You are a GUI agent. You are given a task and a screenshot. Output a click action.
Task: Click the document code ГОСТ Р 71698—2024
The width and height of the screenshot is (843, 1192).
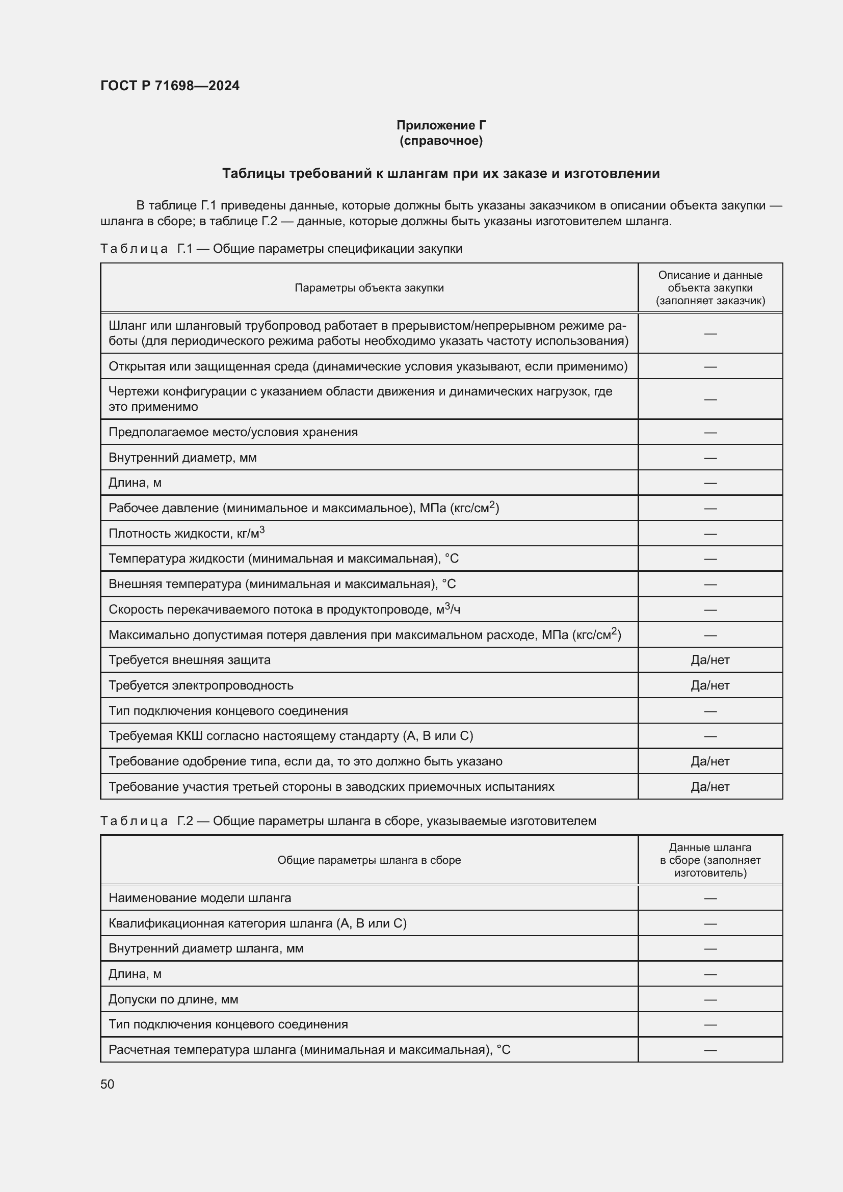click(x=170, y=86)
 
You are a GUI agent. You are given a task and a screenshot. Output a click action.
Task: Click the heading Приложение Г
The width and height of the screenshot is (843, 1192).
click(x=441, y=125)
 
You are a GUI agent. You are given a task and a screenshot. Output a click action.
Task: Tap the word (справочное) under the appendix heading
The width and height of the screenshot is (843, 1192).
click(x=441, y=141)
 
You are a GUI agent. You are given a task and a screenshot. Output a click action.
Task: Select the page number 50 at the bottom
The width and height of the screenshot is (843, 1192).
click(x=107, y=1084)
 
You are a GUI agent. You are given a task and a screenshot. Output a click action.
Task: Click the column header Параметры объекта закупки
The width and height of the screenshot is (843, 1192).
click(x=369, y=287)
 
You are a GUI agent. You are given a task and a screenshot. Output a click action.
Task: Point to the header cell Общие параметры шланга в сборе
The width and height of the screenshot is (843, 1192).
click(x=369, y=860)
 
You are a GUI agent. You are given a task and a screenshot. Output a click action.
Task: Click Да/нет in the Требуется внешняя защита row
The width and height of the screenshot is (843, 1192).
click(x=709, y=660)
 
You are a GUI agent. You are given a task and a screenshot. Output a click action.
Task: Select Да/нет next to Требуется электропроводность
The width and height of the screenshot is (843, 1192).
click(x=709, y=685)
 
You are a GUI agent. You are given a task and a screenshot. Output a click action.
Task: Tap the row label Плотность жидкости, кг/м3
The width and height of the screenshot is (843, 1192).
click(x=187, y=533)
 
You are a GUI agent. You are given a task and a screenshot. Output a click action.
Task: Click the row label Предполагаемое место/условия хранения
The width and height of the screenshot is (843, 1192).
click(x=233, y=432)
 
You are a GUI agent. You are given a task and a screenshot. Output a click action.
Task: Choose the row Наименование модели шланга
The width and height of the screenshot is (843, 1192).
click(x=200, y=897)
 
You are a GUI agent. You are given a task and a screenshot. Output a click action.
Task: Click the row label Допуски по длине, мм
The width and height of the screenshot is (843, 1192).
click(x=173, y=999)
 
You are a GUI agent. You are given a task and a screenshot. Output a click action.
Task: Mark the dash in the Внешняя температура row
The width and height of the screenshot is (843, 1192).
click(x=709, y=584)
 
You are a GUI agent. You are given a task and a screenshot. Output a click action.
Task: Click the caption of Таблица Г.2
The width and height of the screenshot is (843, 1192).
click(x=348, y=821)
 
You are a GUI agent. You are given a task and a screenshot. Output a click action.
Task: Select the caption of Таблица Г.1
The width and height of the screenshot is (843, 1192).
click(x=281, y=249)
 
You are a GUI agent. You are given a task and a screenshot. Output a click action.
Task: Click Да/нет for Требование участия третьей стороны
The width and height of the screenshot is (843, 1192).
click(x=709, y=786)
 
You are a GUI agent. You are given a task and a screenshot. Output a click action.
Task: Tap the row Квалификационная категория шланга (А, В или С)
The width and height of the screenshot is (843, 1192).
click(x=257, y=923)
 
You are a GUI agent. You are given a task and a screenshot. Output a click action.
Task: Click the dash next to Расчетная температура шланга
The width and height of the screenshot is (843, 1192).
click(x=709, y=1050)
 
